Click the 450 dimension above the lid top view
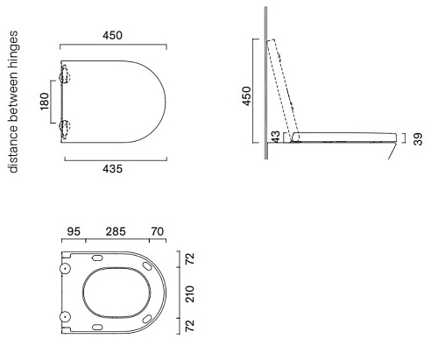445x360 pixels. pyautogui.click(x=112, y=36)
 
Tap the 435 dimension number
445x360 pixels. pyautogui.click(x=112, y=169)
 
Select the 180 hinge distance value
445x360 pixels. pyautogui.click(x=44, y=102)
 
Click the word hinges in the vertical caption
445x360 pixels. pyautogui.click(x=13, y=50)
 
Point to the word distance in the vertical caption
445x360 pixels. pyautogui.click(x=13, y=150)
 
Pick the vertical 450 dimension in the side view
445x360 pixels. pyautogui.click(x=246, y=96)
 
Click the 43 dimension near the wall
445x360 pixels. pyautogui.click(x=275, y=137)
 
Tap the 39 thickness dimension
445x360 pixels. pyautogui.click(x=418, y=139)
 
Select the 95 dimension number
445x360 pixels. pyautogui.click(x=74, y=231)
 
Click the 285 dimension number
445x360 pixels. pyautogui.click(x=116, y=231)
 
